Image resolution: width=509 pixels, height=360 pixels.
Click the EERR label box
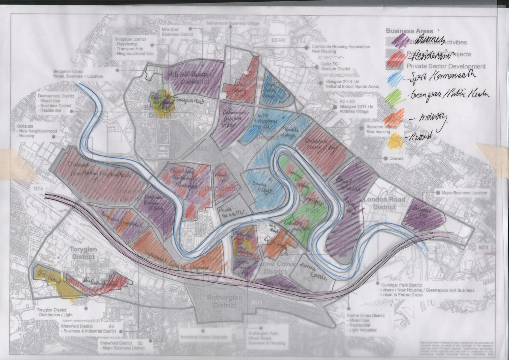278,40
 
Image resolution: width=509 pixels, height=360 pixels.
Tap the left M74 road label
38,189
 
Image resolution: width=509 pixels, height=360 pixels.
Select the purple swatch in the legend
396,41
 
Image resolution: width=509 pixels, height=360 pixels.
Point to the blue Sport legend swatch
395,76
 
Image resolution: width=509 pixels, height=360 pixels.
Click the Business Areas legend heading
409,31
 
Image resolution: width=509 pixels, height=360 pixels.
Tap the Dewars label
396,158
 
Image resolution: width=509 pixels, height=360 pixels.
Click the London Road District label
384,203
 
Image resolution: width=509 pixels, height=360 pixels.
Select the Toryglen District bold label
83,253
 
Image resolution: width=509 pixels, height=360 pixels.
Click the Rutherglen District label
225,301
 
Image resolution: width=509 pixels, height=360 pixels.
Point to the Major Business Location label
464,193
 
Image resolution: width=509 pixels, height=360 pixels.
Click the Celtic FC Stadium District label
335,66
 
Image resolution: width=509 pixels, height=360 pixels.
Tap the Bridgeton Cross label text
78,74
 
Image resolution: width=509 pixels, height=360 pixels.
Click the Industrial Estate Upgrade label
204,337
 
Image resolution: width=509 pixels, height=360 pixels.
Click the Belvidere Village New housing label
381,129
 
